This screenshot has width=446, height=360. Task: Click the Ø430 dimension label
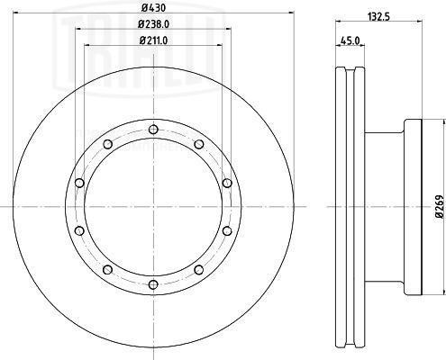tap(153, 8)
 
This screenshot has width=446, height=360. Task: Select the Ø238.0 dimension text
tap(153, 24)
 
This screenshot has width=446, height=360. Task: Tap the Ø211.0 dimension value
tap(153, 40)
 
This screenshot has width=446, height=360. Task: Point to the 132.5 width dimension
tap(378, 17)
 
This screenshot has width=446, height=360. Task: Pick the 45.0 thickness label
tap(350, 40)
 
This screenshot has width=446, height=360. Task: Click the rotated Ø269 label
tap(440, 206)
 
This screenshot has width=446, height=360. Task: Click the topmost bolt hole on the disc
tap(153, 130)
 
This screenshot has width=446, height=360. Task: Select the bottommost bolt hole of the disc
tap(153, 284)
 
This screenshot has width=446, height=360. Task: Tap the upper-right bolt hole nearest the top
tap(199, 144)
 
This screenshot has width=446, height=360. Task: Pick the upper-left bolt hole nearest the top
tap(107, 144)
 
